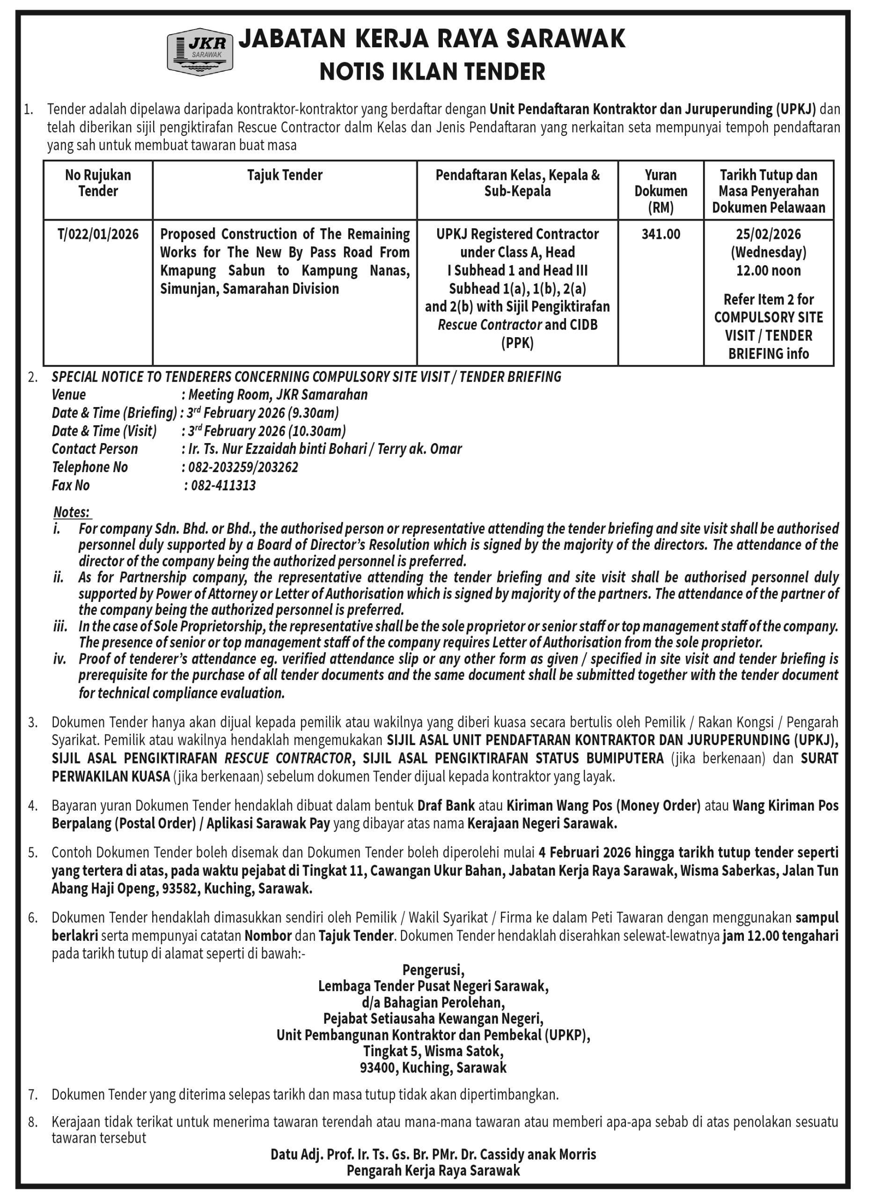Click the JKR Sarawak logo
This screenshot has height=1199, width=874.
point(200,52)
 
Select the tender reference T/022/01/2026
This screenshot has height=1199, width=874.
point(98,234)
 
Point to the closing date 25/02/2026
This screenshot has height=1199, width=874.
point(768,234)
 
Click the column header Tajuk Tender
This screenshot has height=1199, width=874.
point(285,175)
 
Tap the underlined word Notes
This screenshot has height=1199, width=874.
point(72,512)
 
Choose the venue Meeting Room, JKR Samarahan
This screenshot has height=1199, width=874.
point(278,395)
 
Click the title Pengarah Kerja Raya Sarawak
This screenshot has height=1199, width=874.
point(433,1170)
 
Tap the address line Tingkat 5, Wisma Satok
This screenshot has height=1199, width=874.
point(433,1050)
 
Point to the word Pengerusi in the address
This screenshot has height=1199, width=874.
point(433,970)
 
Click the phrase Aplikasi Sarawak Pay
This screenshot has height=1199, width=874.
point(268,823)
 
